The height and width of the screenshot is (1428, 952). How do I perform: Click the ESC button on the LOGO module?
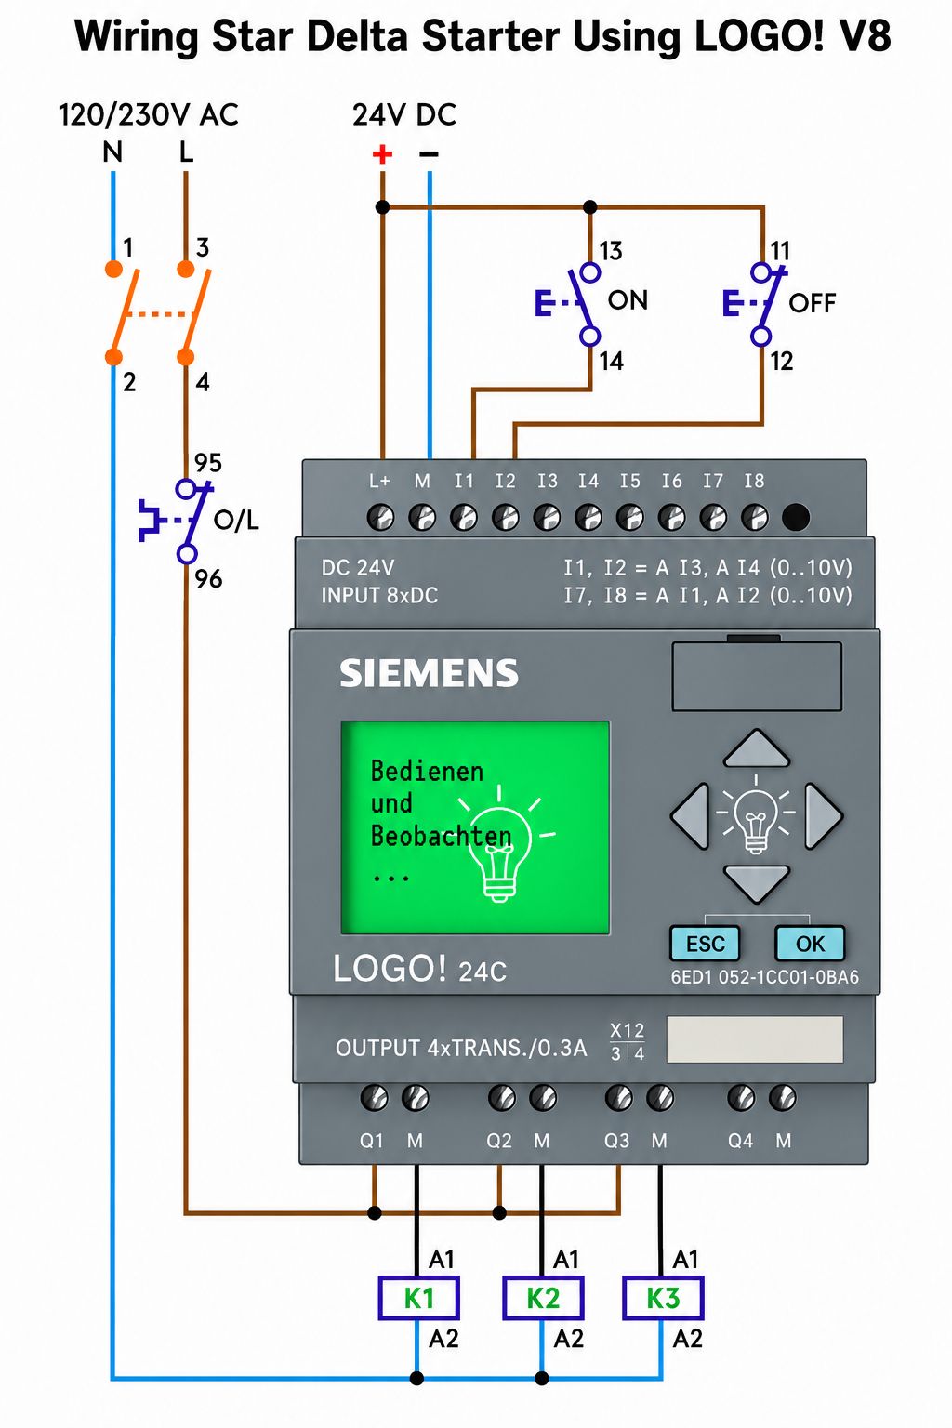(705, 944)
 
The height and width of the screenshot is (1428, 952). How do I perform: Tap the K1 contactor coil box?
(418, 1298)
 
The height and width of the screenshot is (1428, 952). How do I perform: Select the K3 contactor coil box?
(663, 1298)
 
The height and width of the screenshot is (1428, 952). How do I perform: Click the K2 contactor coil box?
(543, 1298)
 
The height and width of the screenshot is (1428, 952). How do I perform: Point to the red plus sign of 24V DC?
(382, 153)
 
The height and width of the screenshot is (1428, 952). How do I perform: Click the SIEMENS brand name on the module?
(429, 673)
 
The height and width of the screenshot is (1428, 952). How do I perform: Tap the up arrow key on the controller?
(756, 748)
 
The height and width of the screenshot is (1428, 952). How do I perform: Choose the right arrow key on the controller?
(823, 816)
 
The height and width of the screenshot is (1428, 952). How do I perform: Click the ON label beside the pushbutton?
(628, 300)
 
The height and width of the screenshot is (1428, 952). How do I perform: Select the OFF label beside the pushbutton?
(812, 303)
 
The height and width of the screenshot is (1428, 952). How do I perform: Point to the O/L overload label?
(236, 521)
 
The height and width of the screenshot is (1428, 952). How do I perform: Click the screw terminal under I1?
(464, 517)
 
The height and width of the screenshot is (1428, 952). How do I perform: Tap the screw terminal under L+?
(380, 517)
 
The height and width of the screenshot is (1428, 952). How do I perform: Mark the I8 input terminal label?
(754, 481)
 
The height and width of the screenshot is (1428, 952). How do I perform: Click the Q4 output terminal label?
(740, 1141)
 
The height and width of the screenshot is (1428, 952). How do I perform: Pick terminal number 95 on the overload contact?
(208, 462)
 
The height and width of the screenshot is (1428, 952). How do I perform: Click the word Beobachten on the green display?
(442, 836)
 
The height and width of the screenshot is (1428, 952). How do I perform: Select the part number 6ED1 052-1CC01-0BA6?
(764, 977)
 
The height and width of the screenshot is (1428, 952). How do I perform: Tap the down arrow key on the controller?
(756, 883)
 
